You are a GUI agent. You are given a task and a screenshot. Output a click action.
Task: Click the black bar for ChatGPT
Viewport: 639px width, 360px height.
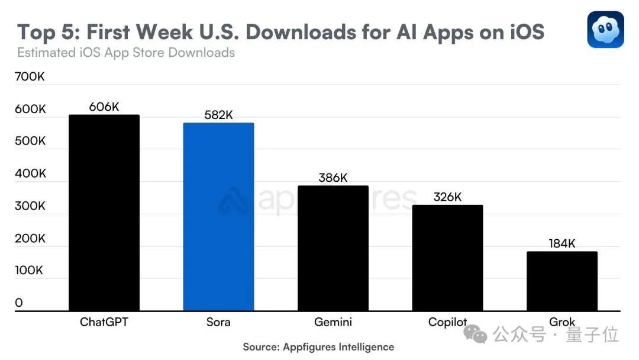point(104,213)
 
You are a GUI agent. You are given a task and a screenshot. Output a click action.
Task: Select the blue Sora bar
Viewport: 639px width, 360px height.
point(219,217)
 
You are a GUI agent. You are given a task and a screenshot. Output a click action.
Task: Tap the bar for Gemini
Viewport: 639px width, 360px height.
point(333,249)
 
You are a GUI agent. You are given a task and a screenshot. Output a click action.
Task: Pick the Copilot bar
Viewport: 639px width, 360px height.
point(447,258)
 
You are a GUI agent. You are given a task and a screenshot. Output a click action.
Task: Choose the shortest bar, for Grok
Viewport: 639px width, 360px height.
point(561,281)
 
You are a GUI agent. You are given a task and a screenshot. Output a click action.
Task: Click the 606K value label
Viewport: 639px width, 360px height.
point(104,107)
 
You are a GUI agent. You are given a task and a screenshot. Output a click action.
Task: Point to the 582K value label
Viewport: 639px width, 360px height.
point(218,115)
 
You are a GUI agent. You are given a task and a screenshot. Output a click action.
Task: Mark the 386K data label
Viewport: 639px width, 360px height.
point(333,178)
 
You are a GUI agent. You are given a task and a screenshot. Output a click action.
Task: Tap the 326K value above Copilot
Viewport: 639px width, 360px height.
point(447,197)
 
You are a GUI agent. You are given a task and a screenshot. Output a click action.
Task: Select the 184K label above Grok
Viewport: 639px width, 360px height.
point(561,243)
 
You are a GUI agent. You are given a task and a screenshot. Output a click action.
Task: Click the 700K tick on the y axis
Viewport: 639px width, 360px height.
point(30,77)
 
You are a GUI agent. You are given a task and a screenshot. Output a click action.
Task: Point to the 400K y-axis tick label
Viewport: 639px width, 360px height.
point(30,173)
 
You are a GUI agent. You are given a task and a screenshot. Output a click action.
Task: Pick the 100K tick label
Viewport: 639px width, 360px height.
point(30,270)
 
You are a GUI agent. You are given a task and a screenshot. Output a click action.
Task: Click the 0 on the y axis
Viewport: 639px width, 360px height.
point(19,303)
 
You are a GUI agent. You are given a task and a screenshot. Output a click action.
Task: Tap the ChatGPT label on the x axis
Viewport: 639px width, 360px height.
point(104,323)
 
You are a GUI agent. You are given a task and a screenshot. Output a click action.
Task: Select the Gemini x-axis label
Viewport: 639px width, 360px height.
point(333,323)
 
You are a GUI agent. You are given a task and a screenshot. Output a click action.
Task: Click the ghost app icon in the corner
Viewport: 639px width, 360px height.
point(605,29)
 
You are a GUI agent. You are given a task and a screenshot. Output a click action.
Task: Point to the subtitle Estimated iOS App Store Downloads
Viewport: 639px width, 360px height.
point(126,53)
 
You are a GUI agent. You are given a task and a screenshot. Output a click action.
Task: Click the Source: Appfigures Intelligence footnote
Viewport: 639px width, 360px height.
point(318,347)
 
